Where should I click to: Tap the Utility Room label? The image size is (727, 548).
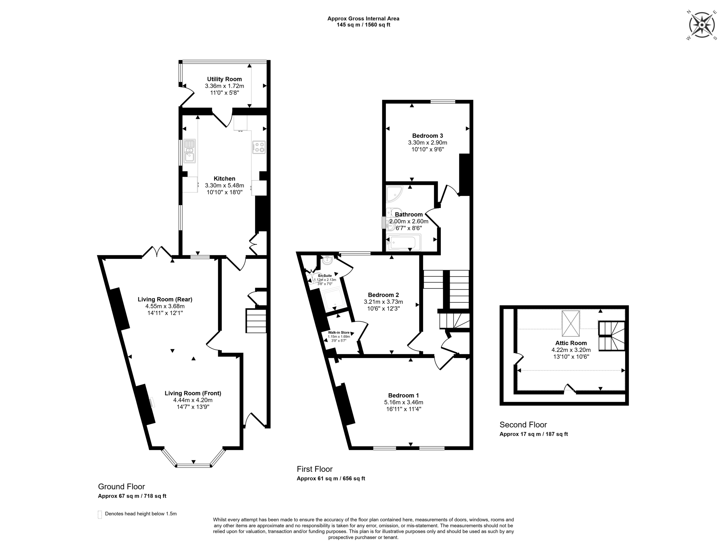(x=224, y=79)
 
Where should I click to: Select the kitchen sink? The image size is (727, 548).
(x=190, y=151)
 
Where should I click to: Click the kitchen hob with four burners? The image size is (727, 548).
(x=259, y=147)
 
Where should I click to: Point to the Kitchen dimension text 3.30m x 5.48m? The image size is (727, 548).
(x=224, y=186)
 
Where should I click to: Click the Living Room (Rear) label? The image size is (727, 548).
(x=165, y=299)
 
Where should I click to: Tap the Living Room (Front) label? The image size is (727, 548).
(x=193, y=393)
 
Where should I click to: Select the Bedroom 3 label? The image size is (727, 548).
(x=428, y=136)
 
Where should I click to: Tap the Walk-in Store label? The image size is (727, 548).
(x=339, y=332)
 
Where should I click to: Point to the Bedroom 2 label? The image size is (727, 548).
(x=383, y=295)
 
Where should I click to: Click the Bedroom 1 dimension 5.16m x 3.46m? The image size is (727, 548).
(x=404, y=402)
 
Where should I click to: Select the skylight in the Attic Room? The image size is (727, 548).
(x=571, y=324)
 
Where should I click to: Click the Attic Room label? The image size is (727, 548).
(x=571, y=343)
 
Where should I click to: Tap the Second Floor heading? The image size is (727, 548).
(x=523, y=425)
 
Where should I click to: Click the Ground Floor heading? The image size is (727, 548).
(x=122, y=487)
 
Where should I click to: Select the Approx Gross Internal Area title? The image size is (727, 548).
(x=363, y=19)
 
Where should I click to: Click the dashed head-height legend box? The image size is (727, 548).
(x=100, y=514)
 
